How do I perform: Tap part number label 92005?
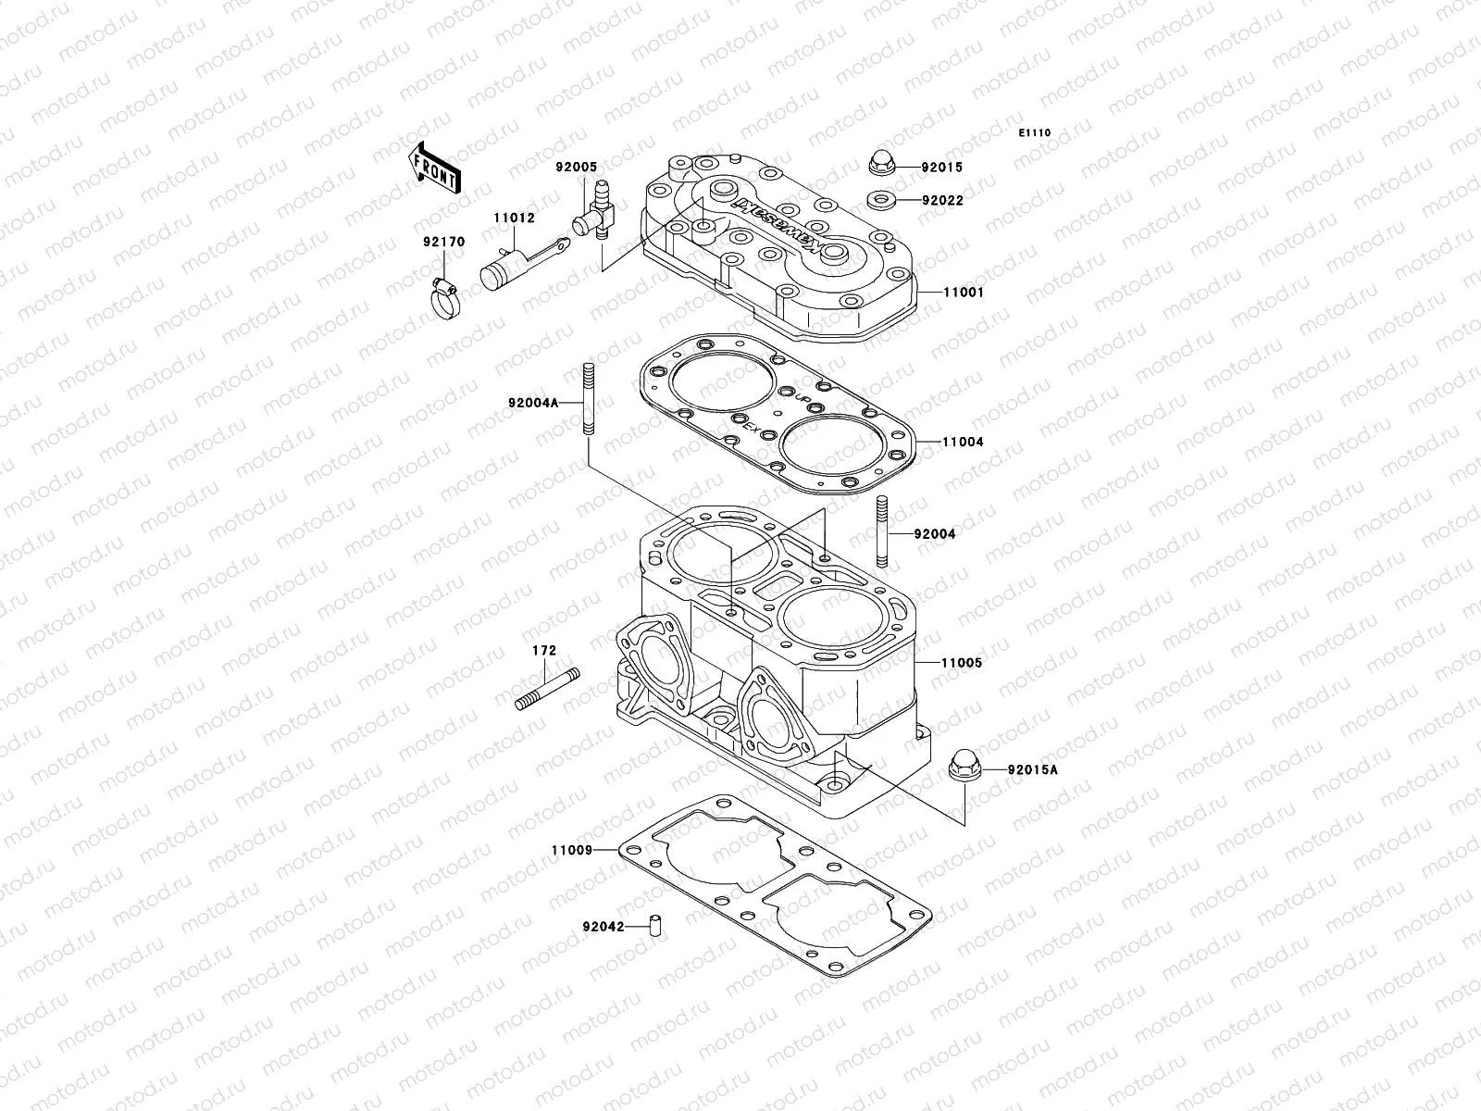click(603, 168)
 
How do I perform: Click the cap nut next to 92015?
click(881, 164)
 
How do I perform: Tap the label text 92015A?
click(1033, 769)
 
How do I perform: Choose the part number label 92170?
click(444, 243)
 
